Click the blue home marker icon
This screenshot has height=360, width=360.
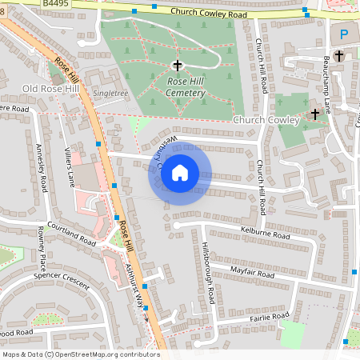[x=180, y=173]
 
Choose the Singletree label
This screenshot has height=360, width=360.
[x=110, y=94]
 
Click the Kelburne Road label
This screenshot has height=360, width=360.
[x=264, y=233]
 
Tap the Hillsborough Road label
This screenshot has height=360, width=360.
[x=207, y=272]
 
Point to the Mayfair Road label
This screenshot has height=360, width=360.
[x=251, y=273]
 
